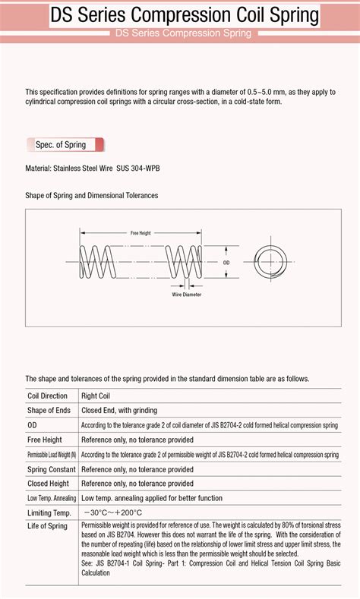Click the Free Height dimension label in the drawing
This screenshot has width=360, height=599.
pos(141,233)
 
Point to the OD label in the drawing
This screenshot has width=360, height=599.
pos(226,263)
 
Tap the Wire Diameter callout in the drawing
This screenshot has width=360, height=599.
pos(187,294)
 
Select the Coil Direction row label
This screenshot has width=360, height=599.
pos(47,396)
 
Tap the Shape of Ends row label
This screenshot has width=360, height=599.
pos(49,410)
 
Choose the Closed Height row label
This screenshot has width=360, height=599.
pos(48,484)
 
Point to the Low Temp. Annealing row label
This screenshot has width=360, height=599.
pos(52,498)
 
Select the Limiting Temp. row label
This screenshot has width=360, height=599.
pos(49,513)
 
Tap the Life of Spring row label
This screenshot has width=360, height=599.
pos(47,526)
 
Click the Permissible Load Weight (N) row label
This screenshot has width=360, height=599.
pos(52,455)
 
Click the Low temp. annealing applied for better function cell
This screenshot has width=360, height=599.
pos(152,498)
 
